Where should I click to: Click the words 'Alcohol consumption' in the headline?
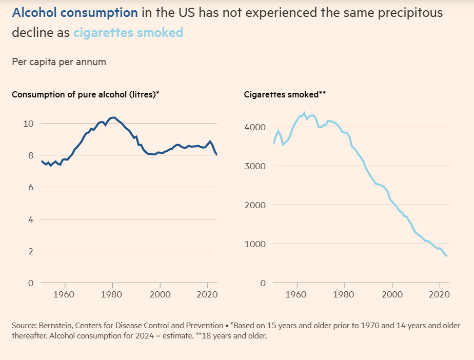(74, 13)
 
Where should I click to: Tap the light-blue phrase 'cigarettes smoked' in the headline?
(128, 33)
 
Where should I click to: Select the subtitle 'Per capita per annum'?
(58, 62)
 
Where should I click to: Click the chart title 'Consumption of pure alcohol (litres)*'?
(85, 94)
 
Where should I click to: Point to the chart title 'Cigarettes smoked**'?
(285, 94)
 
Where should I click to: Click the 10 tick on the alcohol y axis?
(29, 124)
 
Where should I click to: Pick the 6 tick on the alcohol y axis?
(31, 187)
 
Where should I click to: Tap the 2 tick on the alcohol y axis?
(31, 251)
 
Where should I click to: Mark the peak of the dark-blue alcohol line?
(113, 117)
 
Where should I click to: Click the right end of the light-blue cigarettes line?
(447, 256)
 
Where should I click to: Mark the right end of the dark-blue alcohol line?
(216, 154)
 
